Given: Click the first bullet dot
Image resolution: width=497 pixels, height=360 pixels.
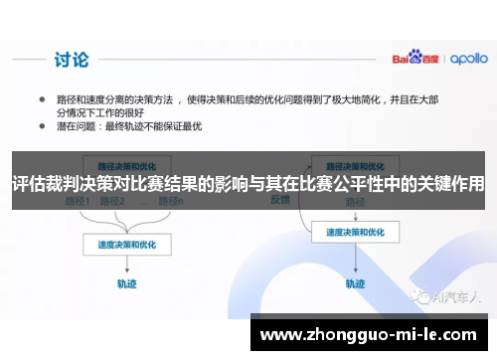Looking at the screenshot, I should (43, 100).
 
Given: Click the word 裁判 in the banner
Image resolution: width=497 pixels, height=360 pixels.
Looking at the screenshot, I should (71, 185).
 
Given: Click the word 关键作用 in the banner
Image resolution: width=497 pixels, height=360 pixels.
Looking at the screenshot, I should (450, 185).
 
